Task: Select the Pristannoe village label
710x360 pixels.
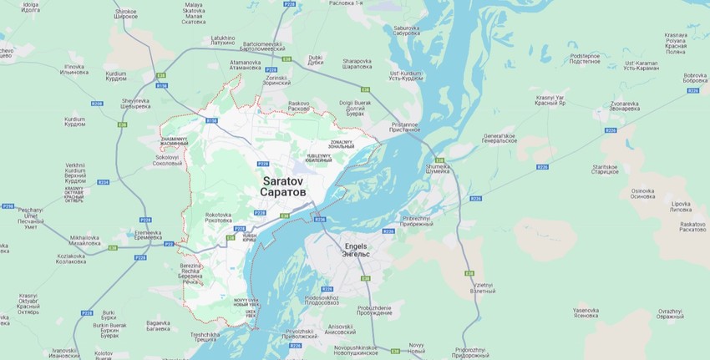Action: [x=403, y=127]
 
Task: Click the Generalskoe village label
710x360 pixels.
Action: [x=500, y=139]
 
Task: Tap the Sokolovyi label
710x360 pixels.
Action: [x=168, y=160]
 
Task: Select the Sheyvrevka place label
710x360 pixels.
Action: [x=135, y=104]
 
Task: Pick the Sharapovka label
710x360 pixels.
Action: [x=357, y=63]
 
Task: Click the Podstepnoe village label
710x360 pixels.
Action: [x=585, y=58]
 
